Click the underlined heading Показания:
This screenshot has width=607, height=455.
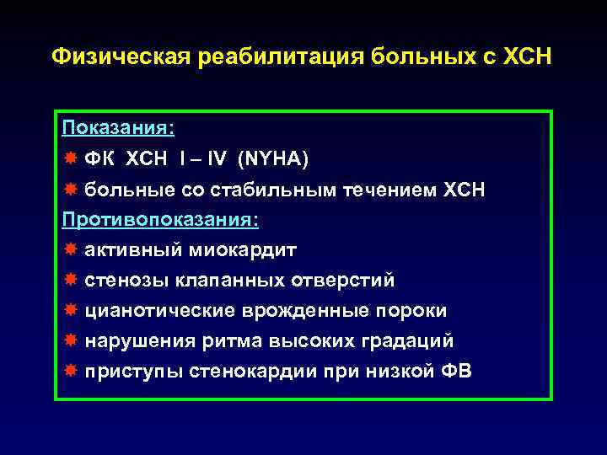coord(119,128)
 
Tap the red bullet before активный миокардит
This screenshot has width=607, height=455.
coord(69,250)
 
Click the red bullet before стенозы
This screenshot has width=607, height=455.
coord(69,281)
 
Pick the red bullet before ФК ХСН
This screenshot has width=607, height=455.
coord(69,159)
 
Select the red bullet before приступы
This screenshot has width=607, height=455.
coord(69,372)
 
